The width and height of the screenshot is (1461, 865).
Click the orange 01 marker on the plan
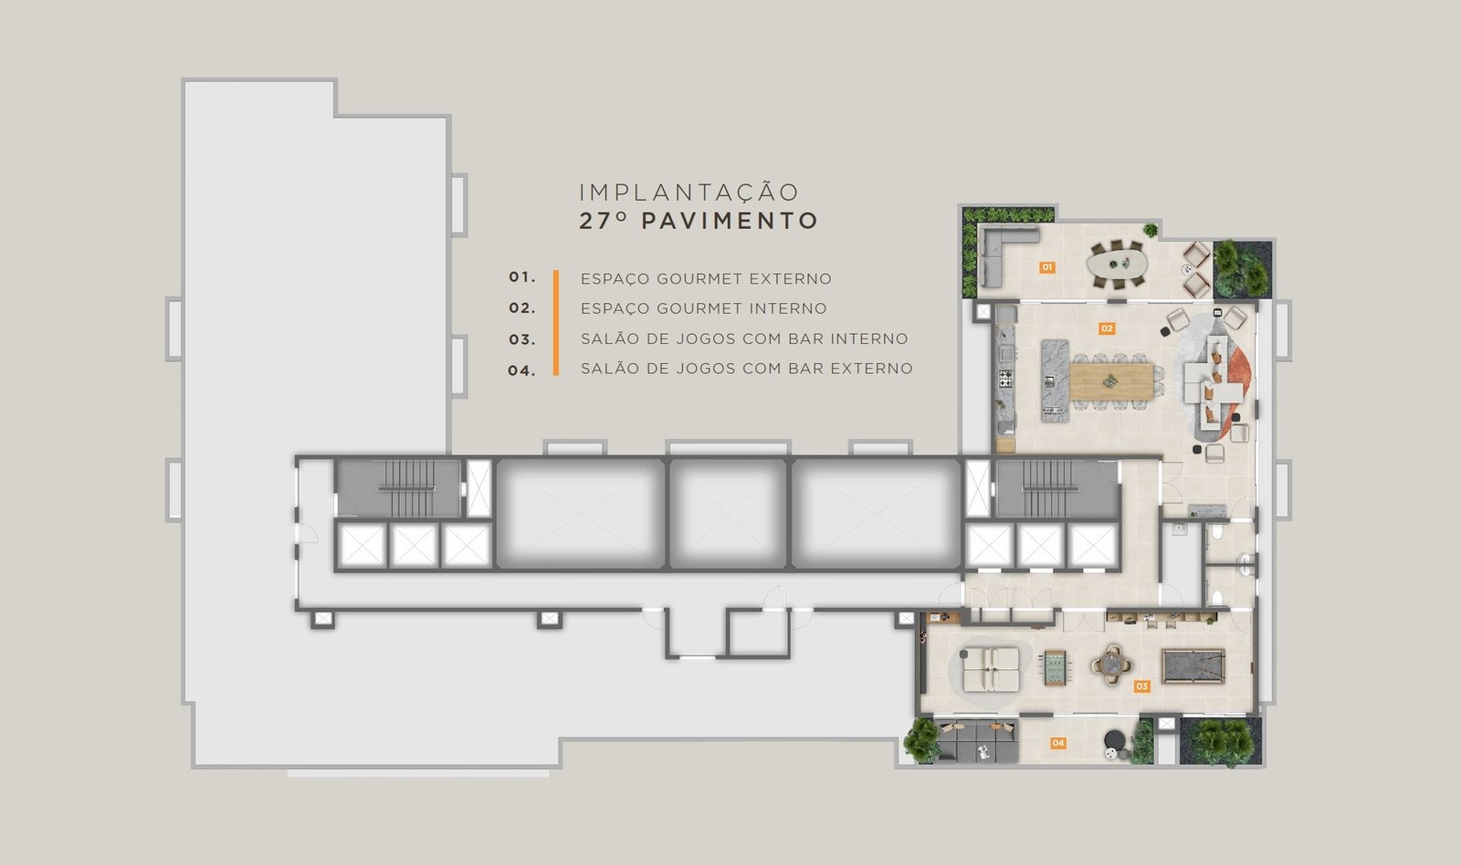point(1046,267)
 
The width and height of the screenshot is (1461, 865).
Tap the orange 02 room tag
point(1107,328)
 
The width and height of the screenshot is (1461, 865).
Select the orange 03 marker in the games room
point(1141,686)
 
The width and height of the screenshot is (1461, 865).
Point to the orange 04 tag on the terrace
point(1058,743)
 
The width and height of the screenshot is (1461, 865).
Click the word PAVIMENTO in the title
point(730,221)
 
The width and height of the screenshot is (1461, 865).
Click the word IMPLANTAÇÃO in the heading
point(688,193)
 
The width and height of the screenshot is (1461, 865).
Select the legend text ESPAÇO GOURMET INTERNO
point(704,308)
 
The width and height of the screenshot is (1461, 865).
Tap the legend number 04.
point(521,370)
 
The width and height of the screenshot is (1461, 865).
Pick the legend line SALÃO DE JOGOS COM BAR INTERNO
point(744,339)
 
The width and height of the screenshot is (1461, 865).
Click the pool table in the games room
point(1193,666)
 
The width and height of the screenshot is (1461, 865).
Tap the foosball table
point(1054,668)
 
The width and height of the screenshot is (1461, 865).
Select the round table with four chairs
point(1111,664)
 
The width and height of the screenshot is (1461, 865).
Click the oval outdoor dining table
point(1118,264)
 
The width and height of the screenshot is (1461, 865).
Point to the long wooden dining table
point(1111,380)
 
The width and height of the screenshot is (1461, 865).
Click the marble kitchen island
point(1055,380)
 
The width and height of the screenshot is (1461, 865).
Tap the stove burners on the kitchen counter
point(1005,378)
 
